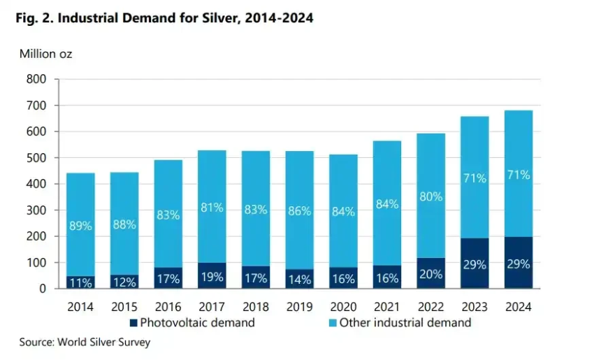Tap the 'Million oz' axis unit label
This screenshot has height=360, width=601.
[x=45, y=53]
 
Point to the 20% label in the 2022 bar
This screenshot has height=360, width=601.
[x=430, y=275]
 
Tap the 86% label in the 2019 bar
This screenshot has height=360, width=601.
[x=299, y=210]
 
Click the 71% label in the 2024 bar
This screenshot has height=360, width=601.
[x=518, y=175]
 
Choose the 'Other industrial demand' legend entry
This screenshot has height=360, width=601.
[x=399, y=322]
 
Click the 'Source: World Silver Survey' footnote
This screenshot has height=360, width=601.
[x=85, y=343]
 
